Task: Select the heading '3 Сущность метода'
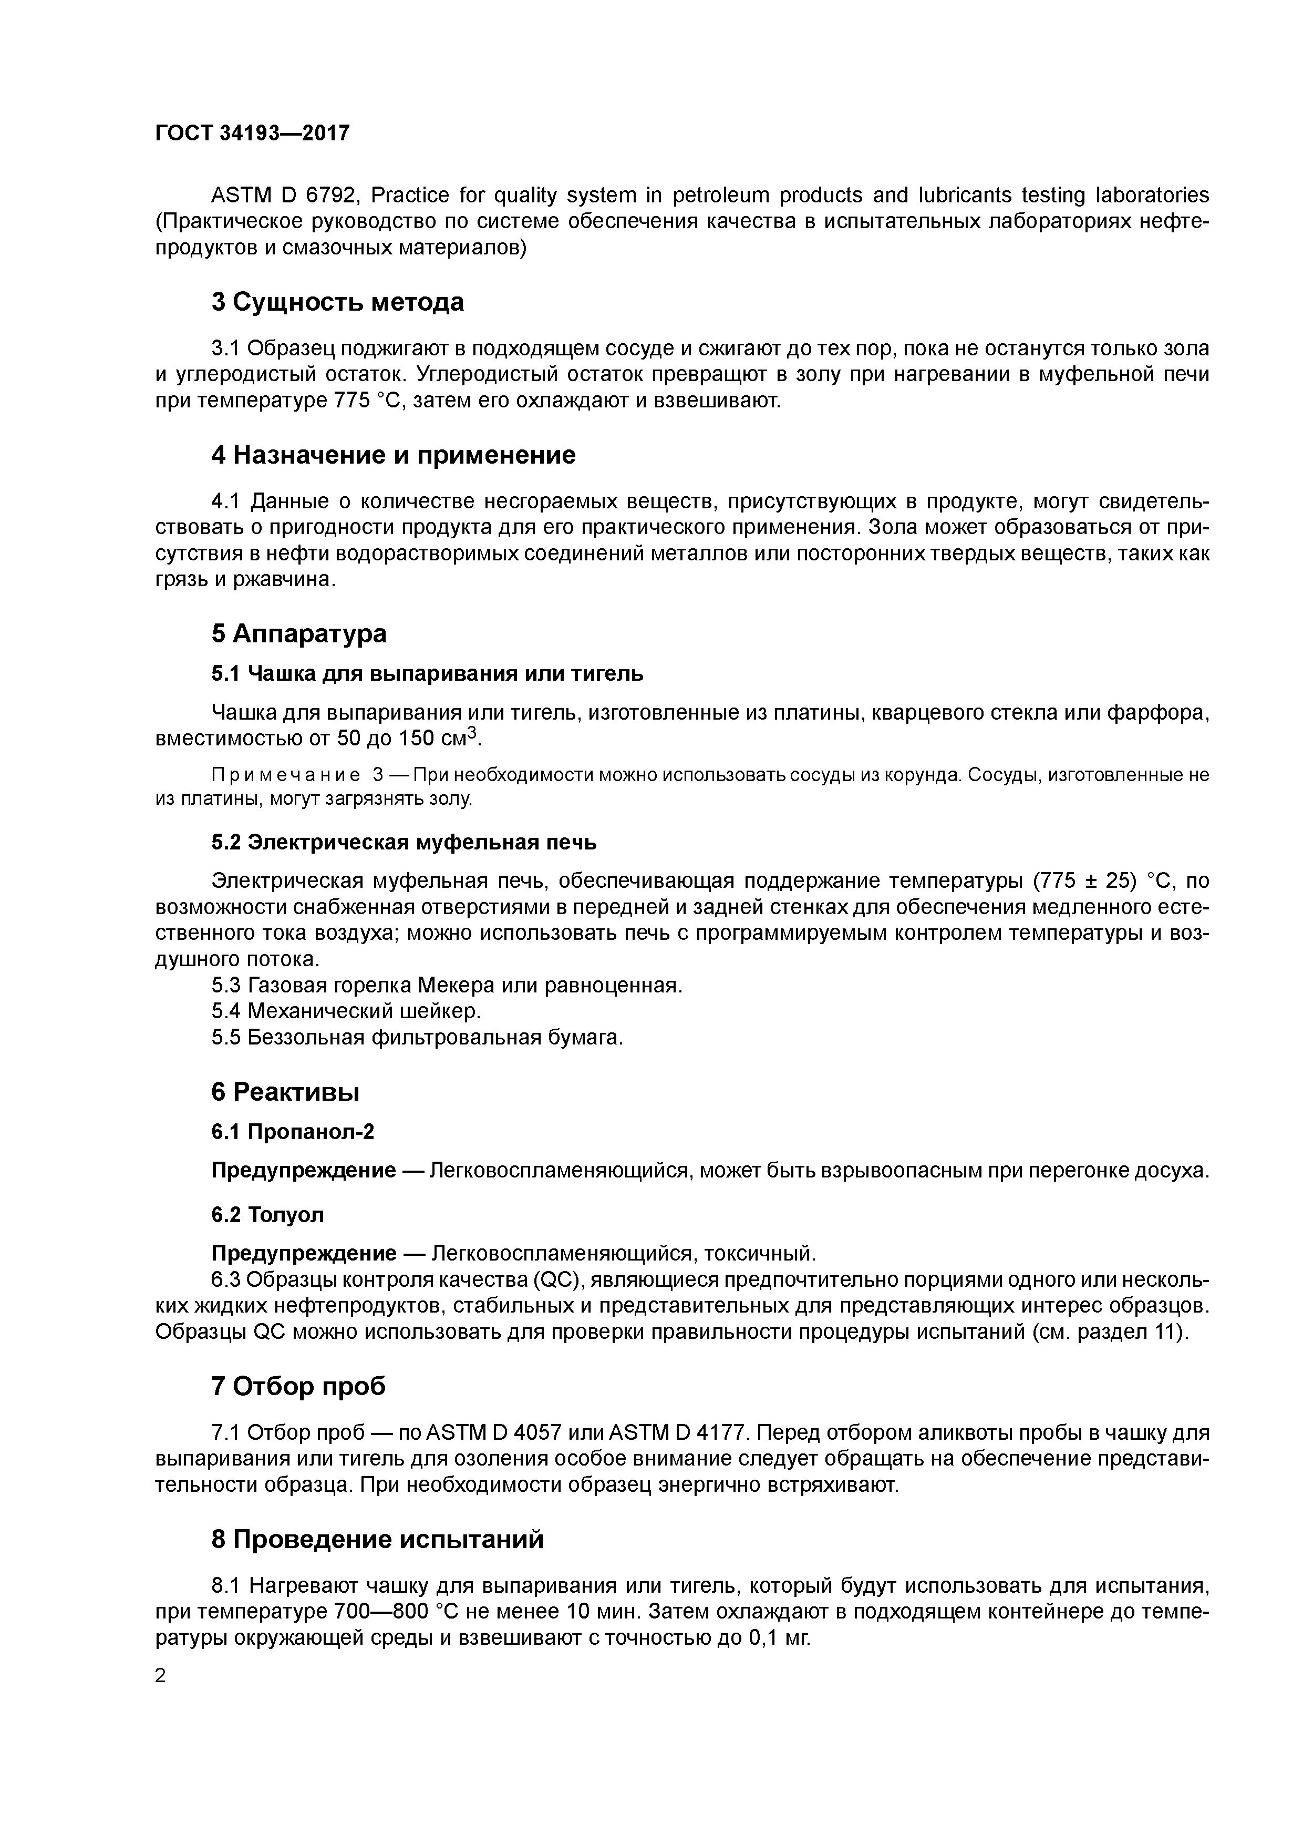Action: [x=337, y=303]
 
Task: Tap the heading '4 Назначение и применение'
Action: [x=394, y=455]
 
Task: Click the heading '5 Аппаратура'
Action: [x=298, y=633]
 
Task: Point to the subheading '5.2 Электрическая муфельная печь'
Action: [x=404, y=843]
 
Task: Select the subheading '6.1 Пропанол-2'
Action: [x=293, y=1132]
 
